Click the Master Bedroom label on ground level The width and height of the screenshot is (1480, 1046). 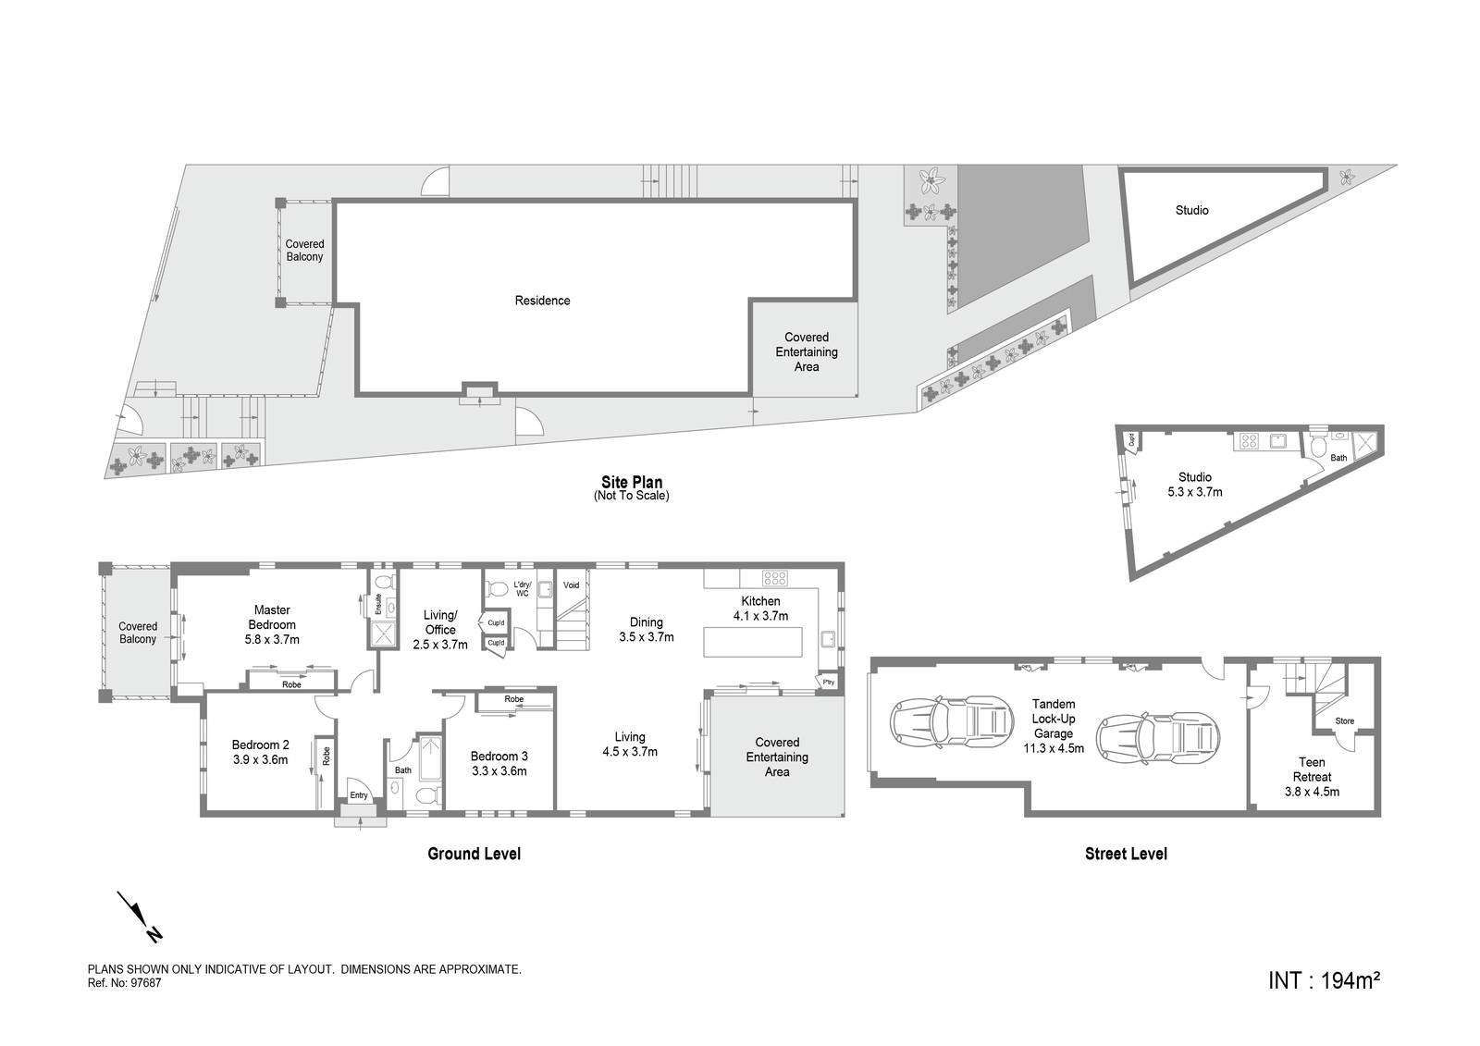click(x=272, y=617)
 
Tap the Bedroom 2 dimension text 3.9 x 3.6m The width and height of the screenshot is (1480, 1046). click(x=260, y=760)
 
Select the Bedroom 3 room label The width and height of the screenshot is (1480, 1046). click(x=499, y=757)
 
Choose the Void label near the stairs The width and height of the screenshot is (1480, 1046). click(x=571, y=585)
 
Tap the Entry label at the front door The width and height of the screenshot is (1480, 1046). click(x=359, y=795)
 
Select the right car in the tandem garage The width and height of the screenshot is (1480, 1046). click(x=1156, y=735)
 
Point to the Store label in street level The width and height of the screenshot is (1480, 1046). click(x=1345, y=721)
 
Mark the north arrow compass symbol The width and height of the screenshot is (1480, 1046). click(x=140, y=917)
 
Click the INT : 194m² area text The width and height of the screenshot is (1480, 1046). click(x=1324, y=979)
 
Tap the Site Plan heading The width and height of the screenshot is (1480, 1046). click(x=631, y=482)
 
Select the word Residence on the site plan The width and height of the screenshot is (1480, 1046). click(x=542, y=301)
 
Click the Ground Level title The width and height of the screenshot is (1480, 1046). click(x=474, y=854)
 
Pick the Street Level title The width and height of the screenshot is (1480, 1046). click(x=1126, y=854)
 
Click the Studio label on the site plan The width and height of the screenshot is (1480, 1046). click(x=1191, y=211)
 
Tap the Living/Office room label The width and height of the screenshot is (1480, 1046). click(x=439, y=622)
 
